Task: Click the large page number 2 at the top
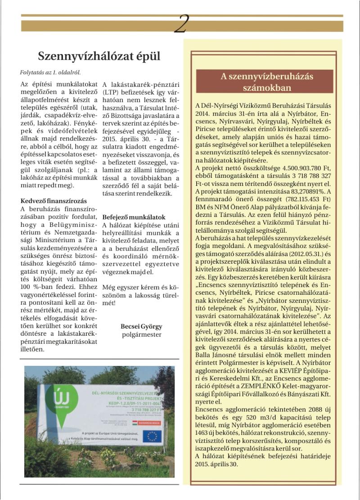pos(180,23)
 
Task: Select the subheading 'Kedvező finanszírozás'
pos(54,201)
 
